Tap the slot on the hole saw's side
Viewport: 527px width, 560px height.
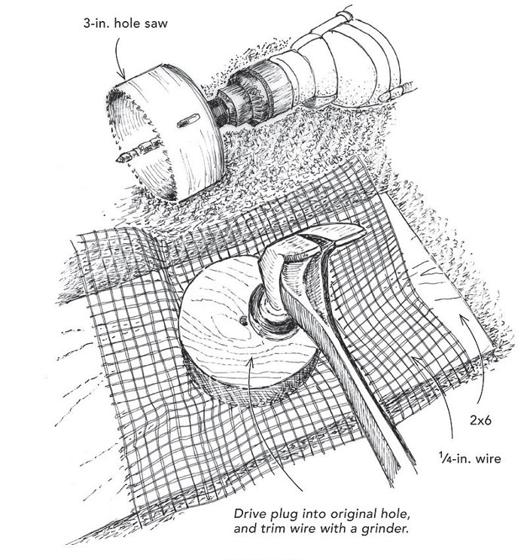(183, 120)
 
